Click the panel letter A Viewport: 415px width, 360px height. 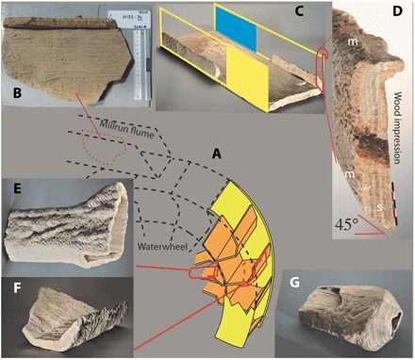point(216,152)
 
